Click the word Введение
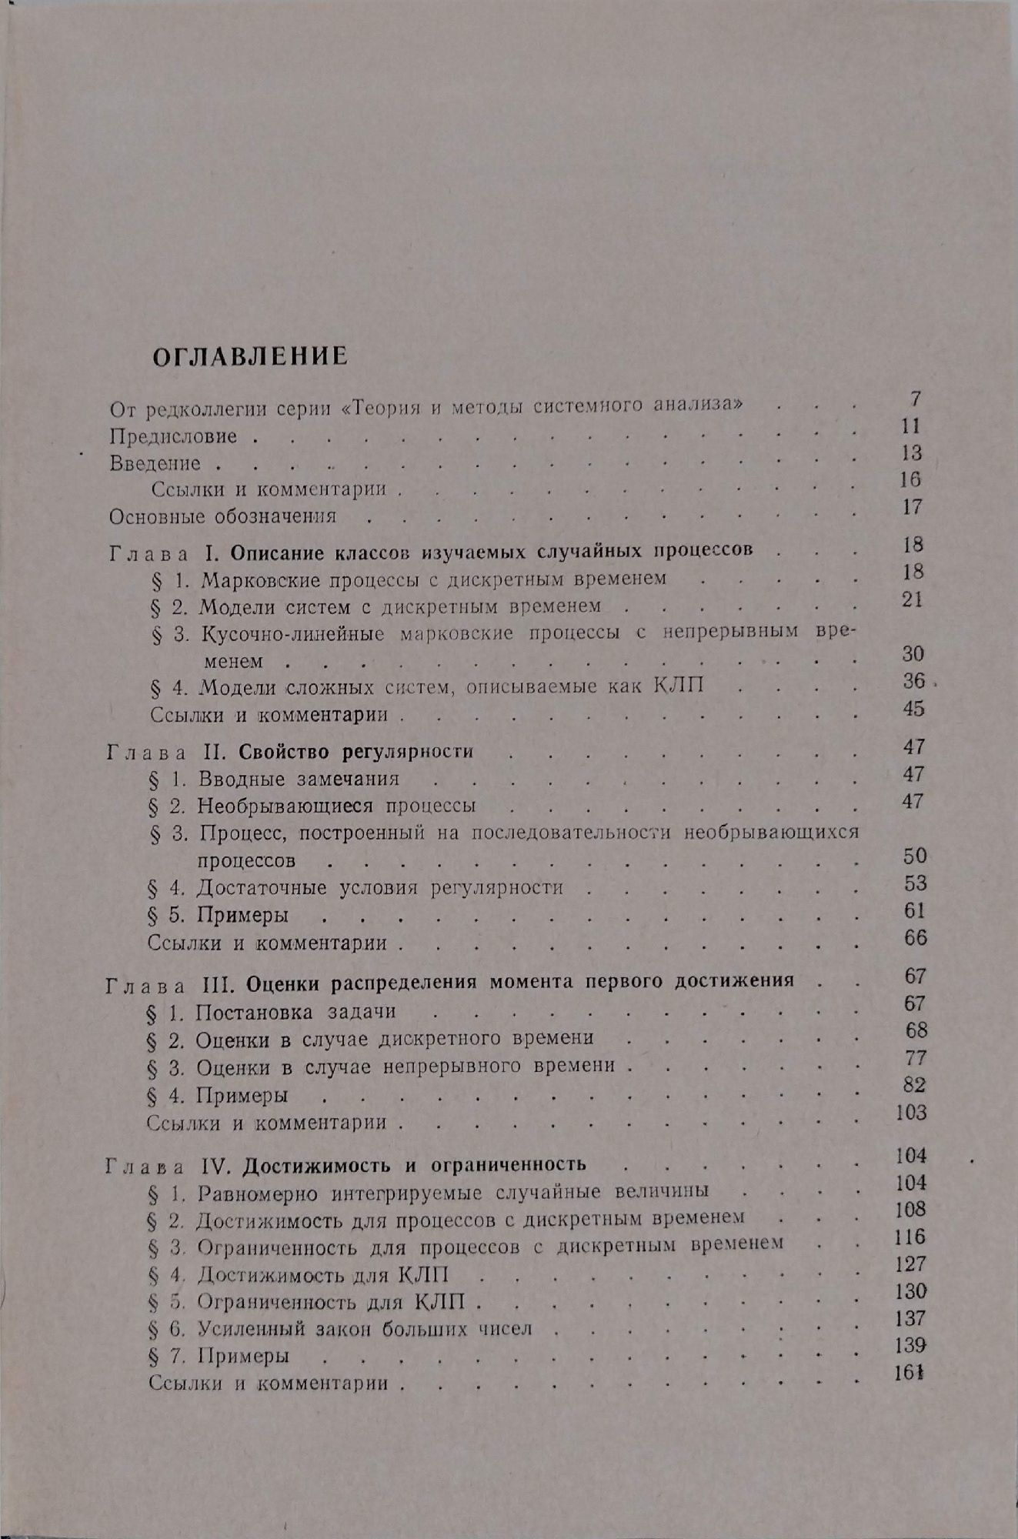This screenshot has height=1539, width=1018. click(x=155, y=463)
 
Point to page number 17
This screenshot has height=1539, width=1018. click(x=911, y=507)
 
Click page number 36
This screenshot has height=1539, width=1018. click(x=913, y=681)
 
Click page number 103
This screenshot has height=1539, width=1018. click(x=911, y=1113)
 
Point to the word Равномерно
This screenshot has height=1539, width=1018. click(x=259, y=1192)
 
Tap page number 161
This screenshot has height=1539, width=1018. click(x=910, y=1372)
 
